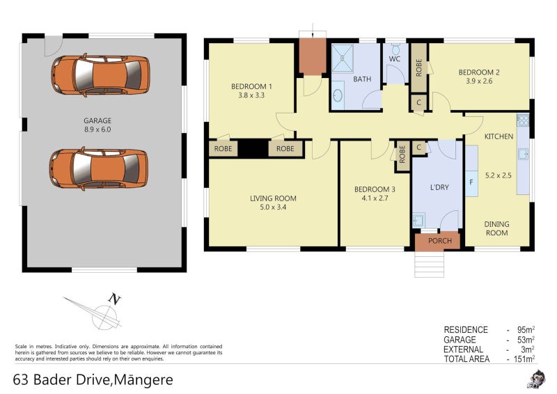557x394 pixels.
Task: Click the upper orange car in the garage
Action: pyautogui.click(x=100, y=75)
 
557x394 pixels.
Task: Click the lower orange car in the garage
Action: pyautogui.click(x=99, y=168)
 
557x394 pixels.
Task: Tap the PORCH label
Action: pyautogui.click(x=440, y=241)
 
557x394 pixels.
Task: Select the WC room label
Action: pyautogui.click(x=395, y=59)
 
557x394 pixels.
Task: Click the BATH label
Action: pyautogui.click(x=362, y=79)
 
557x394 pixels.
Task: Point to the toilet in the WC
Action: pyautogui.click(x=395, y=49)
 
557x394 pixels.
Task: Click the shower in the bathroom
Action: pyautogui.click(x=343, y=58)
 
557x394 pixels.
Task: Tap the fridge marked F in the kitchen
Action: pyautogui.click(x=471, y=182)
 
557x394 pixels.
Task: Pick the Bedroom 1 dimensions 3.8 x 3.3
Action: pyautogui.click(x=251, y=95)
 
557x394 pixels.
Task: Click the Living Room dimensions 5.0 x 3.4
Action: pyautogui.click(x=273, y=207)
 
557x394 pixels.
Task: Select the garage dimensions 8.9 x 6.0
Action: pyautogui.click(x=97, y=129)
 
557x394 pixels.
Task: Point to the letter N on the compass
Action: pyautogui.click(x=114, y=299)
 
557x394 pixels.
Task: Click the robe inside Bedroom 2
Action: pyautogui.click(x=419, y=68)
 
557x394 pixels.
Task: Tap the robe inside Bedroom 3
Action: pyautogui.click(x=402, y=155)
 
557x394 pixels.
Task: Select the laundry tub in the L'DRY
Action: pyautogui.click(x=418, y=220)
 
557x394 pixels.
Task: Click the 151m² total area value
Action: pyautogui.click(x=524, y=359)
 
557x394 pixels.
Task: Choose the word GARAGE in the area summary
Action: pyautogui.click(x=460, y=340)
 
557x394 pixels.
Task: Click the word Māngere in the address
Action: pyautogui.click(x=144, y=380)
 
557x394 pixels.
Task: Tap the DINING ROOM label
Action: pyautogui.click(x=496, y=228)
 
